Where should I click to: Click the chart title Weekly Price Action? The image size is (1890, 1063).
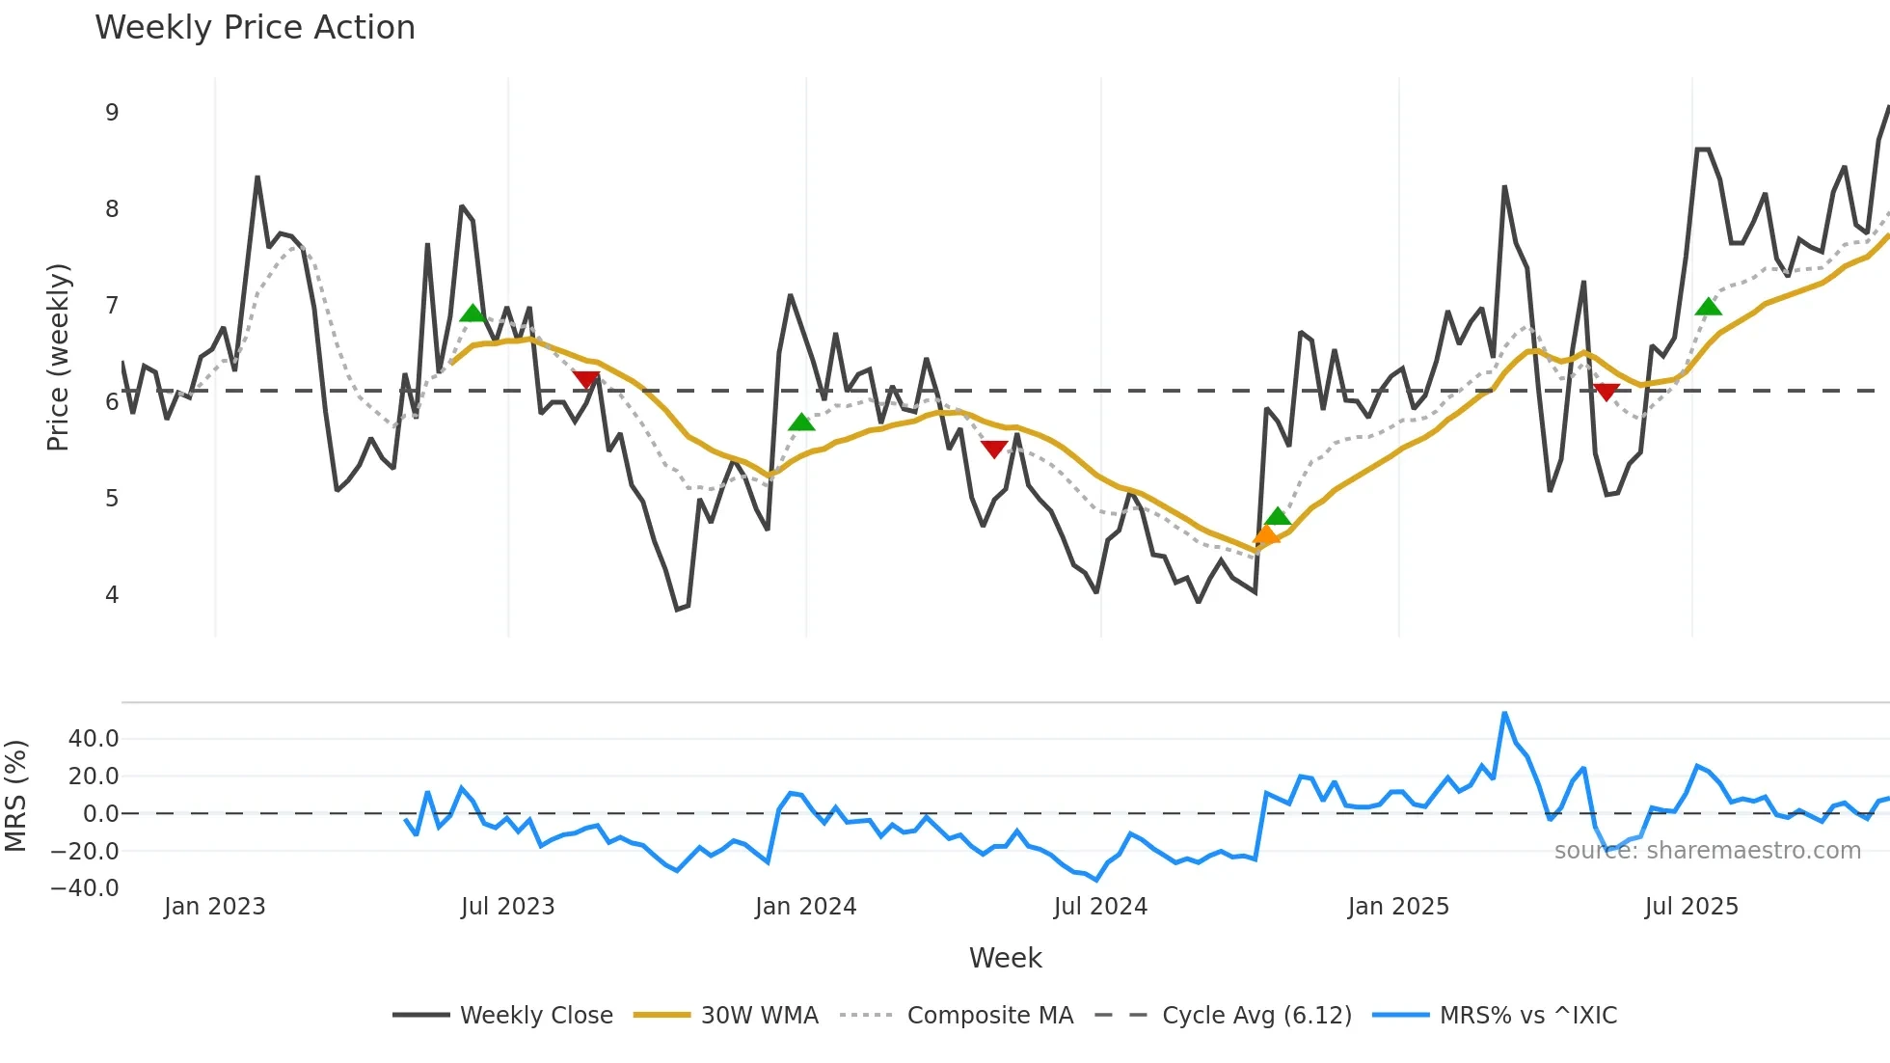255,28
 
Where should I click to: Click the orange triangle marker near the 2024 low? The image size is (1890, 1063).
1266,535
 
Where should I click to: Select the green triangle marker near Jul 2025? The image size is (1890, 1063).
1708,308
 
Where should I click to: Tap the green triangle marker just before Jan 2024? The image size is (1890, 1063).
801,422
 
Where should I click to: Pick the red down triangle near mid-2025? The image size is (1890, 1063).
1606,392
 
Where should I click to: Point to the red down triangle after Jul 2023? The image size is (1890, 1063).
586,380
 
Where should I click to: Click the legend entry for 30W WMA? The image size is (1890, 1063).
726,1015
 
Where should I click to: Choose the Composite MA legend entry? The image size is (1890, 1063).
957,1015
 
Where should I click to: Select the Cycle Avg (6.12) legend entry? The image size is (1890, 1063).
1224,1015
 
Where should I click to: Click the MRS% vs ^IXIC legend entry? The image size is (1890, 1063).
1495,1015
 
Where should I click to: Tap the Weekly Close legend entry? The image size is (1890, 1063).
503,1015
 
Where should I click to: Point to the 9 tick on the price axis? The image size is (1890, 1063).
112,113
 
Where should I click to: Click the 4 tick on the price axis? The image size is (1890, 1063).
112,595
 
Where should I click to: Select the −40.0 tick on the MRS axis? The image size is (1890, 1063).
85,888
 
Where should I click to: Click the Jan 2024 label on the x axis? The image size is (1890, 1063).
805,907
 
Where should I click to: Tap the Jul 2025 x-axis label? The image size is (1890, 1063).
1691,907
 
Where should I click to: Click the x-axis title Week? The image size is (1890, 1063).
1005,958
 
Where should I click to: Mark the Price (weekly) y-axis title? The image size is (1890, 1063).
58,357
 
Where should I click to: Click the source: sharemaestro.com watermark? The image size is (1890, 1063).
1707,851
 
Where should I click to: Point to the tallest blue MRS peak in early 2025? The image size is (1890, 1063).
1504,714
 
